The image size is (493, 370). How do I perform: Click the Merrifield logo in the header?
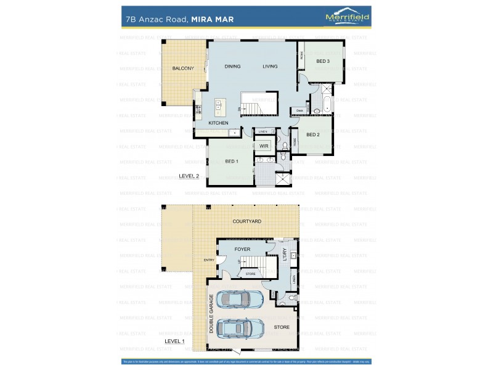click(347, 18)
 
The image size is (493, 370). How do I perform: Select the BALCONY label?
click(183, 68)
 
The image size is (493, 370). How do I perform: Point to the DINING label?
click(232, 66)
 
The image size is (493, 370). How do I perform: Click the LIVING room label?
click(270, 66)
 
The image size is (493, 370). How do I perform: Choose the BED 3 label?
click(323, 61)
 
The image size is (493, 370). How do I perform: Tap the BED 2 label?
click(312, 134)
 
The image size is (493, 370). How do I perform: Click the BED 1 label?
click(232, 162)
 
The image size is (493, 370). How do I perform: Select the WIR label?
click(264, 146)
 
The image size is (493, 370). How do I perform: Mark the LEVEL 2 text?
click(189, 176)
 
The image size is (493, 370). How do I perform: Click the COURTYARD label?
click(246, 221)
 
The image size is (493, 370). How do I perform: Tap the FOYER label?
click(242, 250)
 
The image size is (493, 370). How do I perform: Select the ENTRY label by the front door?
click(209, 260)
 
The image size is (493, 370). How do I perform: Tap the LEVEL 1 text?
click(174, 341)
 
